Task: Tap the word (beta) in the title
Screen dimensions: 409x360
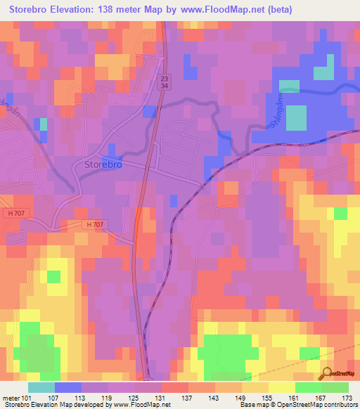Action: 276,10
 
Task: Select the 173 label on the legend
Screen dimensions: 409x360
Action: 345,397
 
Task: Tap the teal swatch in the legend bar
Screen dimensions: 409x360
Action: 41,387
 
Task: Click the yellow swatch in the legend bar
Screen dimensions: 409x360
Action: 281,387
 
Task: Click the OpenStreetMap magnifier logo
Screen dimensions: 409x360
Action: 327,373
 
